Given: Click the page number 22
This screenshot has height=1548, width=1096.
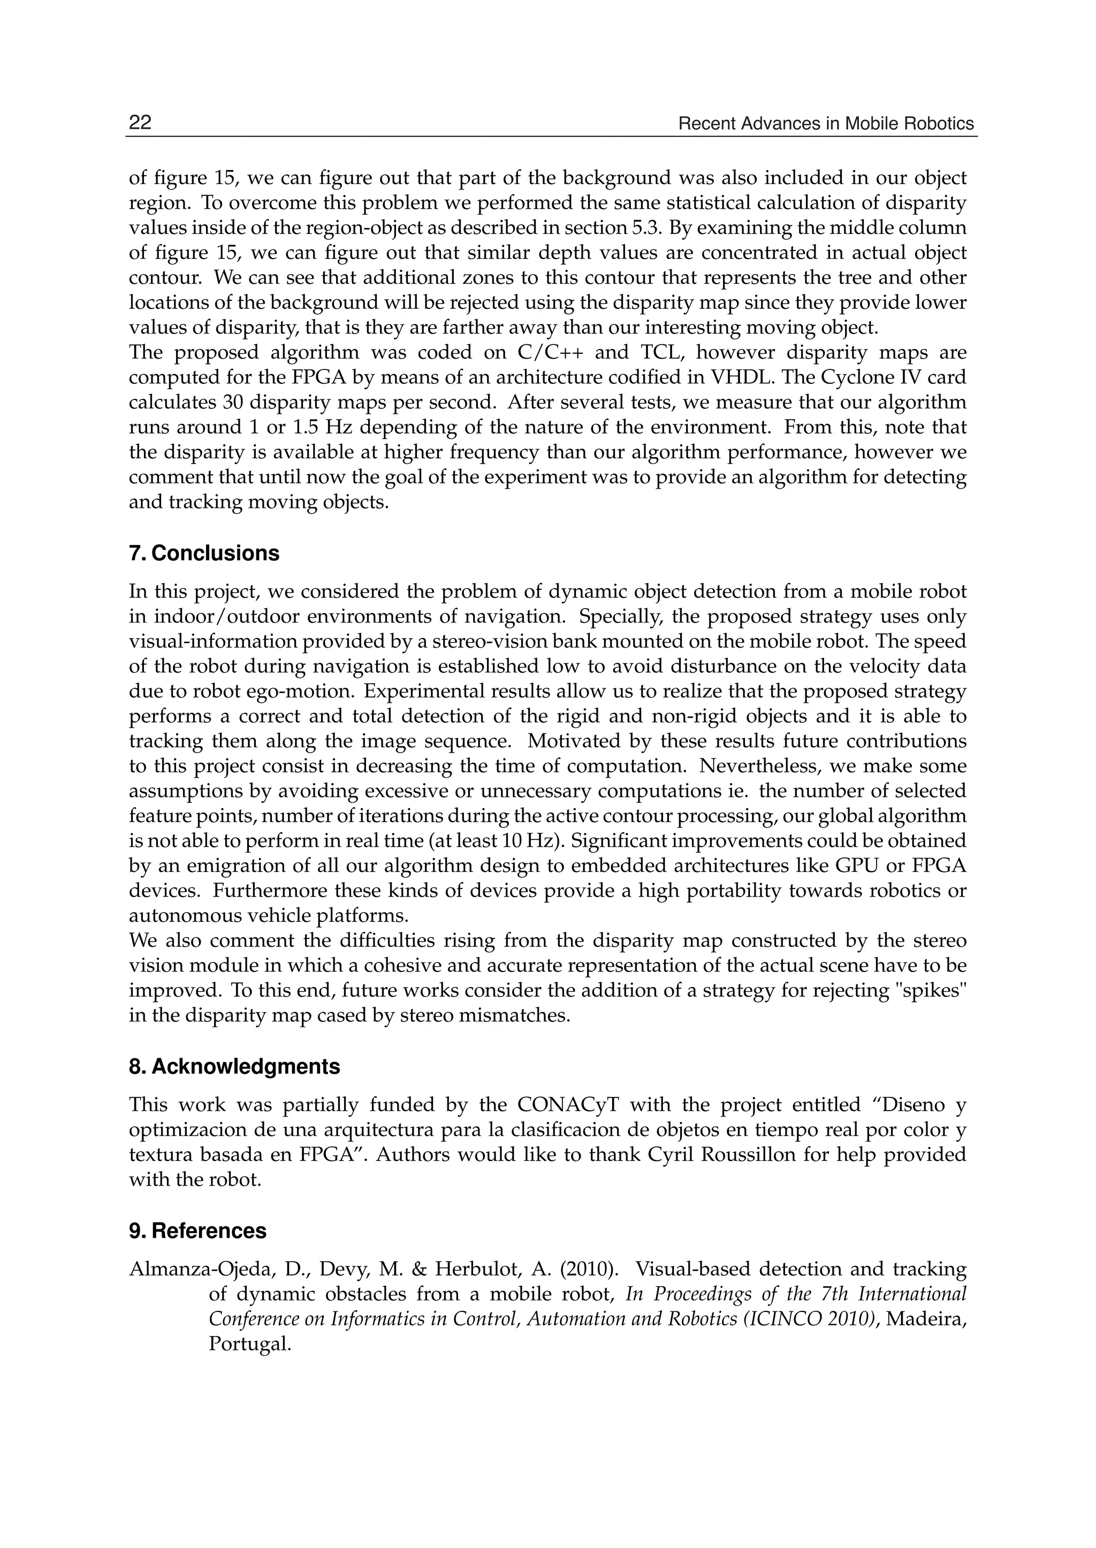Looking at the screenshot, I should pos(140,123).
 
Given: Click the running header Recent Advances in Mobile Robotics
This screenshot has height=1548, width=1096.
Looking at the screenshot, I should pos(826,124).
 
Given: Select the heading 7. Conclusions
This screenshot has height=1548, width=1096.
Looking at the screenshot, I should pos(204,553).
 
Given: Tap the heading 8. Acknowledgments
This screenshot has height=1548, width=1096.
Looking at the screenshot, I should pos(234,1067).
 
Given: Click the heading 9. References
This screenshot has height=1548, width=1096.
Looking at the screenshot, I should pos(197,1231).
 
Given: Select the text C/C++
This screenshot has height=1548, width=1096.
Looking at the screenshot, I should pos(550,352).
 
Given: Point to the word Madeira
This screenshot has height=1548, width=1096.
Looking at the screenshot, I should pos(926,1319).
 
